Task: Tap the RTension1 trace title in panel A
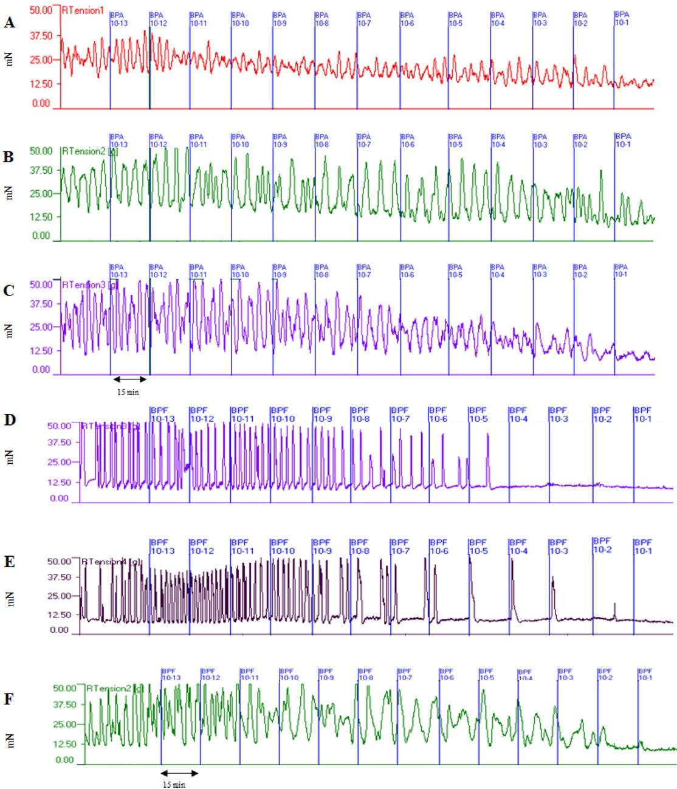click(x=83, y=10)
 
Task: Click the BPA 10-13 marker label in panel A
click(x=119, y=19)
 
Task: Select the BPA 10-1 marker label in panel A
click(x=623, y=18)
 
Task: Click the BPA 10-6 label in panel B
click(x=407, y=140)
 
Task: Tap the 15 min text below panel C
click(x=128, y=393)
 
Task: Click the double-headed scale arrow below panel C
click(x=129, y=379)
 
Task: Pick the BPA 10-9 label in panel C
click(x=280, y=271)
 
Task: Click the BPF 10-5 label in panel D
click(x=478, y=415)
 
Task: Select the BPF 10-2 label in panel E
click(x=601, y=545)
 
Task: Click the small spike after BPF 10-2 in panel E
click(x=615, y=610)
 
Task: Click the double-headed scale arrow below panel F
click(x=180, y=773)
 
